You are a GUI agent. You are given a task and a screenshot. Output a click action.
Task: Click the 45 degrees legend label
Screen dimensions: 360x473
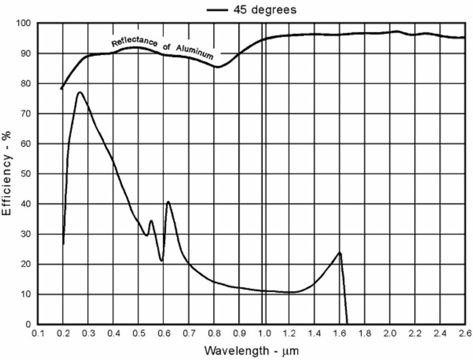(x=264, y=10)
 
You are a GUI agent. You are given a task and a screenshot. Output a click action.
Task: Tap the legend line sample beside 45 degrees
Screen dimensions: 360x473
(x=217, y=10)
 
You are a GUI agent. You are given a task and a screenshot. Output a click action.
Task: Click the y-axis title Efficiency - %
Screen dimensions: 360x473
(x=8, y=174)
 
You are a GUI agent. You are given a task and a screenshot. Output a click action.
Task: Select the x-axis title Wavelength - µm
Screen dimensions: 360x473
(x=252, y=349)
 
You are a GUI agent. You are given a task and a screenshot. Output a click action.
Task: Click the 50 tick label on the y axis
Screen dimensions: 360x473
(x=25, y=174)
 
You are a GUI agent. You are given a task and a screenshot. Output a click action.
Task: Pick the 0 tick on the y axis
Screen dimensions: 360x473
(x=28, y=325)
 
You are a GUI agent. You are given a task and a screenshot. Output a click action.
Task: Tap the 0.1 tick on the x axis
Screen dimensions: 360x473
(x=38, y=333)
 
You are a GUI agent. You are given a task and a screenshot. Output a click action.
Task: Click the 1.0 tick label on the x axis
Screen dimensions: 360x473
(x=264, y=333)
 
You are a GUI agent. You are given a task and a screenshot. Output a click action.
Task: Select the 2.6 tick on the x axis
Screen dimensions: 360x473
(x=464, y=333)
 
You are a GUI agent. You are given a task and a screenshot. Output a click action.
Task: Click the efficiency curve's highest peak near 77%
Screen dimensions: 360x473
(x=79, y=92)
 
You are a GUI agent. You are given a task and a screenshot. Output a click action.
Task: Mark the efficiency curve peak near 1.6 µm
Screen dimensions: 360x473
(x=340, y=253)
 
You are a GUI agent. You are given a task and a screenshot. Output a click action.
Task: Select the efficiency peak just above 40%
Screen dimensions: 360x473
(x=169, y=202)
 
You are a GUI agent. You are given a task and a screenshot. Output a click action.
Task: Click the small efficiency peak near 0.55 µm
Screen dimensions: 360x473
(x=151, y=221)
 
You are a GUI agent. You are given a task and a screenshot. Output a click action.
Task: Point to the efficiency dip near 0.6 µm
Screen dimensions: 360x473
(x=161, y=260)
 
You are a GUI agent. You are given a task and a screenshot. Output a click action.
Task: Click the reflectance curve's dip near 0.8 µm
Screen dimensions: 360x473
(x=217, y=67)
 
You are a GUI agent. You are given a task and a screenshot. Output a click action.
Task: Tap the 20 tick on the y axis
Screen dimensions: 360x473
(x=25, y=264)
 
